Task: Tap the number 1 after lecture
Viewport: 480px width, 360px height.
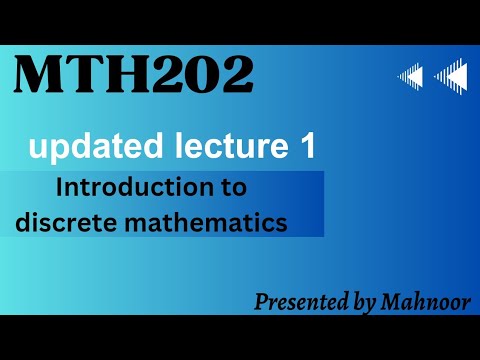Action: pyautogui.click(x=307, y=148)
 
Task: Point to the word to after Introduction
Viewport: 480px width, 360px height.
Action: pyautogui.click(x=233, y=188)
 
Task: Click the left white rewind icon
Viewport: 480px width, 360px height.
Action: pyautogui.click(x=410, y=76)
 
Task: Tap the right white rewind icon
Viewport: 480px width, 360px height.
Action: pyautogui.click(x=451, y=76)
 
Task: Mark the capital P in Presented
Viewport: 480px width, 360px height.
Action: pyautogui.click(x=259, y=300)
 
